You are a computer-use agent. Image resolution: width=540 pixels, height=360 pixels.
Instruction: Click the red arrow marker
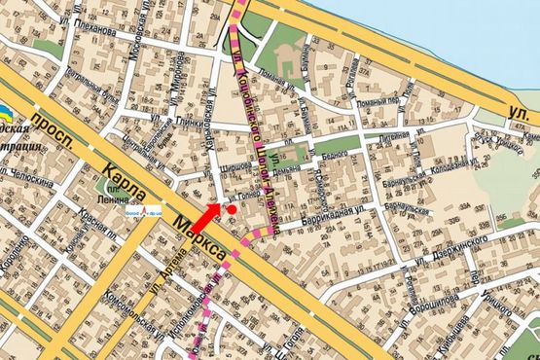(x=206, y=220)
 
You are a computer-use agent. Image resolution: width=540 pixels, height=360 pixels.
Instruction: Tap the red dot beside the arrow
(x=232, y=208)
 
